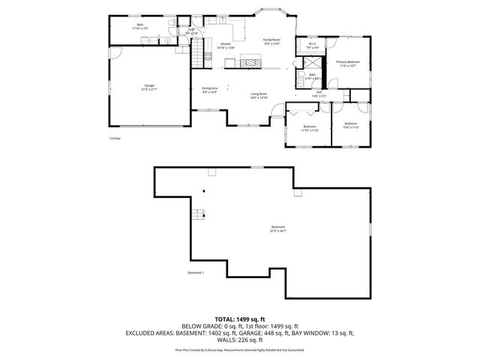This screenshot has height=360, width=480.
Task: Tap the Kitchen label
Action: coord(225,45)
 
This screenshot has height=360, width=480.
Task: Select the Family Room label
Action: coord(271,41)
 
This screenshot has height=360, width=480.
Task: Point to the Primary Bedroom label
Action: coord(348,63)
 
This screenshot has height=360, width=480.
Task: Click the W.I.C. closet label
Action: coord(312,46)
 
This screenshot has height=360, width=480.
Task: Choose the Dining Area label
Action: coord(209,90)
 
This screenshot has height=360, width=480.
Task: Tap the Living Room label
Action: coord(259,95)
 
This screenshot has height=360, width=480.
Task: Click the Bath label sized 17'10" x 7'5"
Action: coord(140,26)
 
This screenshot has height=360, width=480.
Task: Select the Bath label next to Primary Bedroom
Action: coord(312,76)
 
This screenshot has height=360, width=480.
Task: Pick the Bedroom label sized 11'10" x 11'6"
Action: coord(310,127)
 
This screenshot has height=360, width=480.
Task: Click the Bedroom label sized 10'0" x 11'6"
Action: coord(351,125)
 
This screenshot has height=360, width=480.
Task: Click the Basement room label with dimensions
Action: coord(278,229)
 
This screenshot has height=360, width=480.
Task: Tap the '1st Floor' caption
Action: coord(115,138)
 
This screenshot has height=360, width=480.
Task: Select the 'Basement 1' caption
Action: coord(196,272)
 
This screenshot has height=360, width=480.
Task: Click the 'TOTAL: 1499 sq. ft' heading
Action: coord(240,319)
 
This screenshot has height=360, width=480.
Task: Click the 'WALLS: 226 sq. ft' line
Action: coord(240,339)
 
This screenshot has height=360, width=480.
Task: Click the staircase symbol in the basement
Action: coord(199,216)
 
